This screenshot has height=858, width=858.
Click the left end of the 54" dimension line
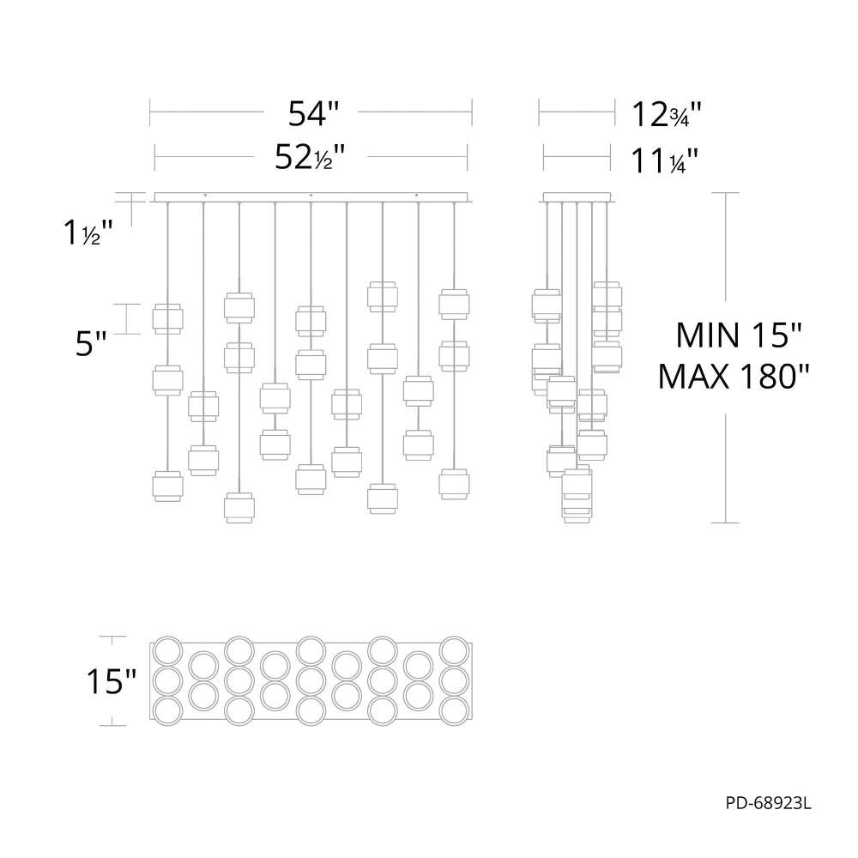[x=150, y=112]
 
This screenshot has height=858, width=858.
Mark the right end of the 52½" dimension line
[x=468, y=157]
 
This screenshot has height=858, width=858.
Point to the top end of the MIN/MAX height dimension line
[x=726, y=193]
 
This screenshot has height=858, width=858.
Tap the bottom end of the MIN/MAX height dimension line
[x=726, y=523]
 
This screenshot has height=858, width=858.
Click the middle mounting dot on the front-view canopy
[x=311, y=195]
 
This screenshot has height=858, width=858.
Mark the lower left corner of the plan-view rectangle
[x=150, y=720]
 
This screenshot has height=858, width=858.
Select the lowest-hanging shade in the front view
[x=239, y=508]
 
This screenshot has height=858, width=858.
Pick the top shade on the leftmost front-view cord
[x=167, y=318]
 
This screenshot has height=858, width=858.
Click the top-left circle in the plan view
[x=167, y=650]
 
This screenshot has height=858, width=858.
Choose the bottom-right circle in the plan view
[x=454, y=710]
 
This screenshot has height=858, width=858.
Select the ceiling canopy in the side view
[x=577, y=197]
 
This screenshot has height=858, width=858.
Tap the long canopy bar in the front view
[x=311, y=197]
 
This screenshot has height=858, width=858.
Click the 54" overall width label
[x=313, y=114]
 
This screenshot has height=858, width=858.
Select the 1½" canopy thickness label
[x=88, y=233]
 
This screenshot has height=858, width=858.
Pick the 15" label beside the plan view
[x=111, y=681]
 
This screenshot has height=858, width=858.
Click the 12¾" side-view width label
[x=667, y=115]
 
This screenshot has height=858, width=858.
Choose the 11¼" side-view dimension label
[x=665, y=161]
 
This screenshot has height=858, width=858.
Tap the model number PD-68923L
[x=768, y=803]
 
